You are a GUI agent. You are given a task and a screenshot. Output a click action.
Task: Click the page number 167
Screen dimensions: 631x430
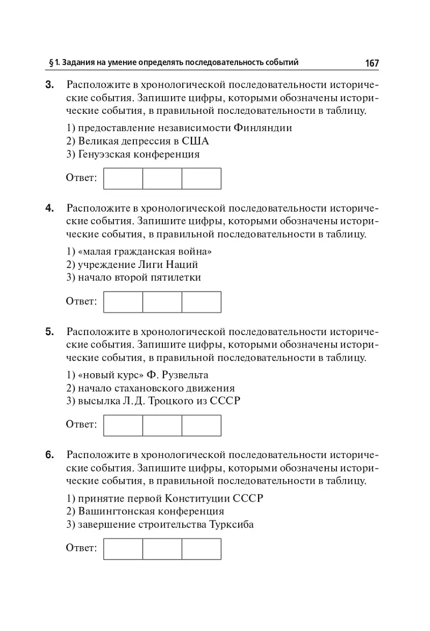(371, 63)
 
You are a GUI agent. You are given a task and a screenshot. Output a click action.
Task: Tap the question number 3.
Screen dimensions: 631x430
(49, 85)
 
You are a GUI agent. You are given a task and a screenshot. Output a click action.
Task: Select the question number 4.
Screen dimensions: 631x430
(49, 208)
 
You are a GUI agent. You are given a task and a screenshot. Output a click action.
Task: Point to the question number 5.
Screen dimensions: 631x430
(49, 332)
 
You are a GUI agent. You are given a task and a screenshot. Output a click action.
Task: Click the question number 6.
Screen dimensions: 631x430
(49, 455)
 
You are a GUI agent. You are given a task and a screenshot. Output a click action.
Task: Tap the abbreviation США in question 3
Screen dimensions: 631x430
(195, 141)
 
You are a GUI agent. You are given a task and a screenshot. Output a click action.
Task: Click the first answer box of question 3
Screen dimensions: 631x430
(123, 178)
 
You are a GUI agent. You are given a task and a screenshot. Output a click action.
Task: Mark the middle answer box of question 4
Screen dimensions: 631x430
(162, 302)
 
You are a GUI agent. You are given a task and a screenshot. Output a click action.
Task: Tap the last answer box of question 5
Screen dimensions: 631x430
(202, 425)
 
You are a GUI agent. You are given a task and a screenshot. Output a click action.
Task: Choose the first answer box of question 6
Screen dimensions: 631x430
(123, 549)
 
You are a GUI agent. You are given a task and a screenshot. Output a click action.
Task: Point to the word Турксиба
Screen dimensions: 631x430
(231, 525)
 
